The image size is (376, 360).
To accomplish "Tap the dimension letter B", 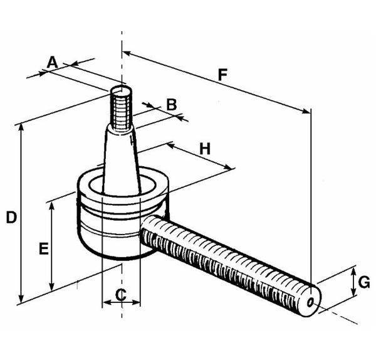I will [x=170, y=104].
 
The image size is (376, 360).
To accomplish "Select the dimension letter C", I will [x=121, y=293].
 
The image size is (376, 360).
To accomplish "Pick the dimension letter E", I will [x=43, y=249].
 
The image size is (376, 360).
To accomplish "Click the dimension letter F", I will [x=222, y=75].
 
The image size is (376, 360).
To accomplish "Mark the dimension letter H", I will [x=205, y=149].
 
